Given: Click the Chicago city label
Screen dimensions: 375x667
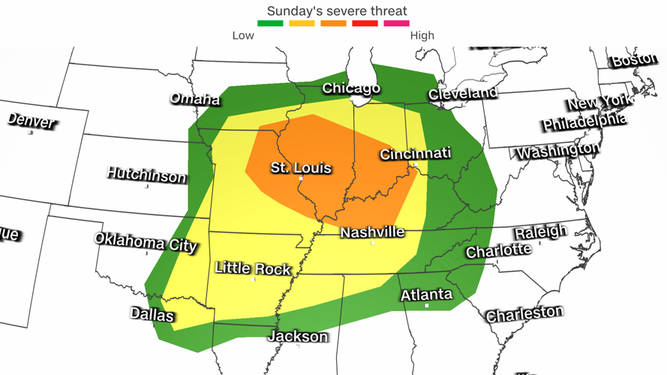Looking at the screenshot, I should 351,88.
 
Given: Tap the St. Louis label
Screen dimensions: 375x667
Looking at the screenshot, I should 301,168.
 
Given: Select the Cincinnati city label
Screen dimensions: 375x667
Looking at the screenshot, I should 416,154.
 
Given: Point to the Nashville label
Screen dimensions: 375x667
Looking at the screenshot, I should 372,232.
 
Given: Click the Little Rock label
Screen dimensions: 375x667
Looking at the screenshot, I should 252,268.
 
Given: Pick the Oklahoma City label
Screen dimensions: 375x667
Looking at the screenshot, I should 146,242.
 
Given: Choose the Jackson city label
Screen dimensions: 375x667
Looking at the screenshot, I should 298,336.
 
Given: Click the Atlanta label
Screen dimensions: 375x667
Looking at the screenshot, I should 426,294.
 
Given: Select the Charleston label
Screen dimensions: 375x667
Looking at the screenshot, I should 524,313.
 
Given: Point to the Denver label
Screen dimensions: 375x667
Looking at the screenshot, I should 32,120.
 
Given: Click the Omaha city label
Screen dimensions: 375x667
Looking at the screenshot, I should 195,99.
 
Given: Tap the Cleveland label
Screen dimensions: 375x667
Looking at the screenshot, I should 463,94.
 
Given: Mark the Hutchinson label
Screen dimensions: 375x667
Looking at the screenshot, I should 146,175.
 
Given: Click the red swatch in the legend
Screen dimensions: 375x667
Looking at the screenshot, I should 365,23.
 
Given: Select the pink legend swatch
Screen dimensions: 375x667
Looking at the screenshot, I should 397,23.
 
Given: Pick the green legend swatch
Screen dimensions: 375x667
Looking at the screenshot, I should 270,23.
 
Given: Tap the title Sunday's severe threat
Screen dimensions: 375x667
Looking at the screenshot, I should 338,10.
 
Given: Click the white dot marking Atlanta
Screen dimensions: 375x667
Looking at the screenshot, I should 427,305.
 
